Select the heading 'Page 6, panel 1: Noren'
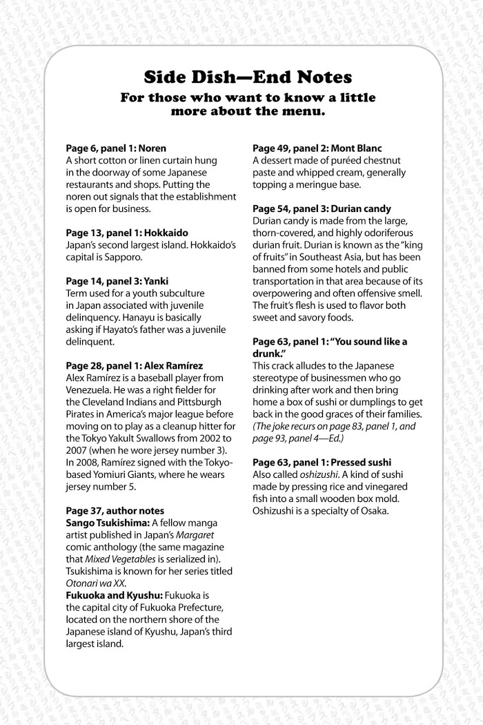(x=115, y=148)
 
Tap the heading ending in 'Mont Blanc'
(x=317, y=148)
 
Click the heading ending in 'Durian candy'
(x=322, y=209)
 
